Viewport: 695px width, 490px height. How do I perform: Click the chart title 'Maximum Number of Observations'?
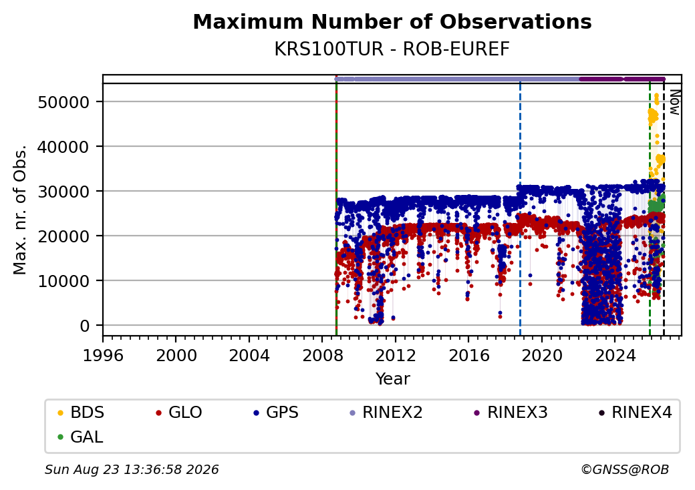coord(392,21)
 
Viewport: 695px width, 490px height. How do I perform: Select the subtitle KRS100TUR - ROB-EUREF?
coord(392,49)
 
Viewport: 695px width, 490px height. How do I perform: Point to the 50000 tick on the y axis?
coord(64,102)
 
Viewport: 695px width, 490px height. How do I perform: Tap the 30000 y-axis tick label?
coord(64,192)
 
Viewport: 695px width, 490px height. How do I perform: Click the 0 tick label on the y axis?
coord(85,326)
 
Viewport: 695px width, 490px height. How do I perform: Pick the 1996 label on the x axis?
coord(103,355)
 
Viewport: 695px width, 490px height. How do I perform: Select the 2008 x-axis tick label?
coord(322,355)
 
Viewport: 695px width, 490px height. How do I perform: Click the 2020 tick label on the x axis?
coord(542,355)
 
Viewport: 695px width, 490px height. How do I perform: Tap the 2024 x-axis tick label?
coord(615,355)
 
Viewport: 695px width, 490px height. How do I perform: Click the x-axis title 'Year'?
coord(393,379)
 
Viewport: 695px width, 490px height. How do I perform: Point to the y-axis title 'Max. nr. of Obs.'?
coord(20,210)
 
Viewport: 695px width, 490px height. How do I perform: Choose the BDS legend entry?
coord(81,413)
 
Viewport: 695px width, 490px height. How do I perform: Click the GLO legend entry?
coord(179,413)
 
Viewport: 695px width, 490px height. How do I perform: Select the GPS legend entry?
coord(276,413)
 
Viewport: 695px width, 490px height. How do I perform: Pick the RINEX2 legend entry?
coord(386,413)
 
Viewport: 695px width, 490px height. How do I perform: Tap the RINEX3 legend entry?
coord(511,413)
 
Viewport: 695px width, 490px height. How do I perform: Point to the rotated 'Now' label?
coord(675,102)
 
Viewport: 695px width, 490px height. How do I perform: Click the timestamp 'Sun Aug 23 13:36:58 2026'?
coord(132,469)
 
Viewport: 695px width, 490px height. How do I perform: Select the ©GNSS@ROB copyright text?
coord(625,469)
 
